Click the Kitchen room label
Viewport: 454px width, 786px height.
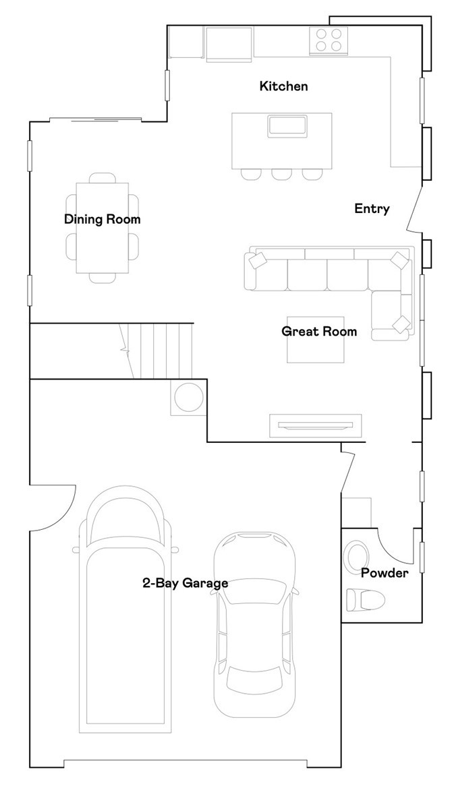(x=283, y=86)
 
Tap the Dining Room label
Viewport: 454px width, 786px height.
(x=102, y=219)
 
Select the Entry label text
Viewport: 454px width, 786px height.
(x=372, y=209)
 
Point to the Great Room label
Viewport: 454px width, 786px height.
(x=319, y=331)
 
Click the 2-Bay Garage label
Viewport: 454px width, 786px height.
(x=185, y=583)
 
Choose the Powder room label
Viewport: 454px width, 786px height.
(x=384, y=573)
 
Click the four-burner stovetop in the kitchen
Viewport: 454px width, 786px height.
(x=328, y=40)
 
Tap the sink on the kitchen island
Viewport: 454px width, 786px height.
(x=288, y=125)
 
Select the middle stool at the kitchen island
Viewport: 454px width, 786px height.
(x=282, y=174)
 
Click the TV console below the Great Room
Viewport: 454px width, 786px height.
(x=316, y=425)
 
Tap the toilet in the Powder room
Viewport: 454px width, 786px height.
(x=365, y=598)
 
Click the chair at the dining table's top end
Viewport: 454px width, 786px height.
(x=102, y=177)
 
